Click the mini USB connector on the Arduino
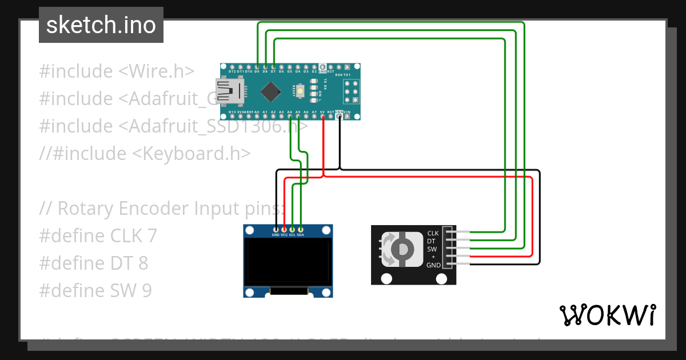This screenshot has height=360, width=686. [x=232, y=90]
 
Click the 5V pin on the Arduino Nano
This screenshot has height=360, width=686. [x=323, y=117]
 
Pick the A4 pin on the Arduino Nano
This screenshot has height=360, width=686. [x=290, y=117]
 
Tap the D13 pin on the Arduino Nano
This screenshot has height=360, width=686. [x=232, y=117]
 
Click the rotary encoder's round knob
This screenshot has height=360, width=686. [x=404, y=249]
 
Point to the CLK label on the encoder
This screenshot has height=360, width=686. [x=433, y=233]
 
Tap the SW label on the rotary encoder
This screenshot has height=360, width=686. [x=432, y=249]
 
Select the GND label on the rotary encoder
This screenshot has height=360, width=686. [x=433, y=265]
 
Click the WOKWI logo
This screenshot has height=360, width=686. [x=608, y=315]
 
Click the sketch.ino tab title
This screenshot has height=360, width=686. [x=101, y=25]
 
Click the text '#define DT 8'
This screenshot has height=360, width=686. [x=94, y=263]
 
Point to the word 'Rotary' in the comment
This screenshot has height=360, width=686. [x=86, y=208]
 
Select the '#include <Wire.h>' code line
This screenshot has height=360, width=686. [x=117, y=71]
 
